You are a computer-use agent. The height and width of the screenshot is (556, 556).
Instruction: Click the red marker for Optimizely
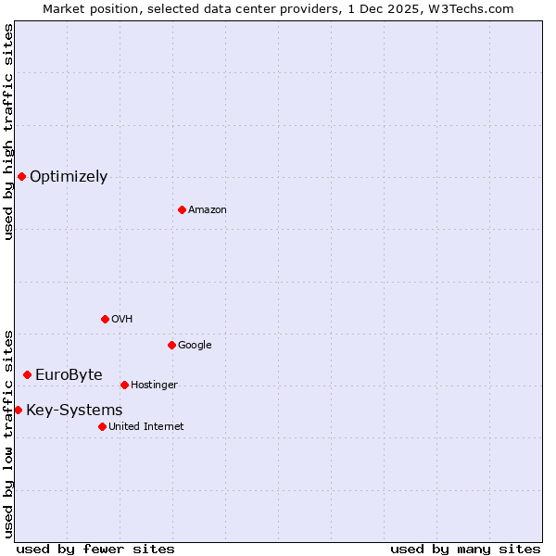tap(21, 176)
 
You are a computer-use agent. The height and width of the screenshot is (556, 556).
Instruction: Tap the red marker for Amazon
tap(182, 209)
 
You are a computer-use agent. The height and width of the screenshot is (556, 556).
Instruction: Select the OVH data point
tap(105, 319)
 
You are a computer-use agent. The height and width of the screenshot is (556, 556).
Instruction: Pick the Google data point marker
tap(171, 345)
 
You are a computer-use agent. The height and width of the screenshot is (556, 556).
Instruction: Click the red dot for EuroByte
tap(27, 374)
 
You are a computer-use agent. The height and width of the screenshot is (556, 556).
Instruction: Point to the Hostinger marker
tap(124, 385)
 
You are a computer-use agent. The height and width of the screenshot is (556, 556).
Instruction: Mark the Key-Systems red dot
tap(18, 410)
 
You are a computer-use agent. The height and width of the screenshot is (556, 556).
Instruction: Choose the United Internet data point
tap(102, 426)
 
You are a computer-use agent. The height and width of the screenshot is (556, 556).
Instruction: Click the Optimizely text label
tap(69, 177)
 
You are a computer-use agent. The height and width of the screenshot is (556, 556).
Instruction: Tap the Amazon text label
tap(208, 210)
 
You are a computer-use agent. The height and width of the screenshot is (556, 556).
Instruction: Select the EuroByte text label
tap(69, 375)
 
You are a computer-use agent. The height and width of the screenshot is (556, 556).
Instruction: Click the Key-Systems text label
tap(74, 411)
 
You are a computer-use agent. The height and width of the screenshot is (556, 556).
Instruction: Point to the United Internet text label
tap(145, 427)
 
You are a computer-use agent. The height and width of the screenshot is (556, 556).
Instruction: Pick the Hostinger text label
tap(154, 385)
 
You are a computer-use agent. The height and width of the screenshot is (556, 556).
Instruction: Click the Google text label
tap(195, 346)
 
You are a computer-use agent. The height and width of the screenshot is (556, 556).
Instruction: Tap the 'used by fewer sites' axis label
tap(95, 549)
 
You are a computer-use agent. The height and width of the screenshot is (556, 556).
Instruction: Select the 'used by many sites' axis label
tap(465, 549)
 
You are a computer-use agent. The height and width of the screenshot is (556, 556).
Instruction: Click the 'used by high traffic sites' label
tap(8, 132)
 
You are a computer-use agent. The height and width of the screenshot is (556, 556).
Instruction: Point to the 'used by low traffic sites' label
tap(8, 433)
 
